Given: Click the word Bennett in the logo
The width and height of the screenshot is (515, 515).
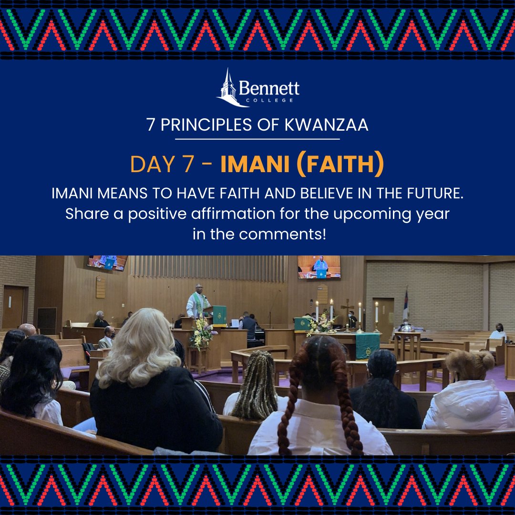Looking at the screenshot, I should [x=269, y=88].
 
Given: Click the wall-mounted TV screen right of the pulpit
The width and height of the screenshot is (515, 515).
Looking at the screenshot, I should [x=319, y=267].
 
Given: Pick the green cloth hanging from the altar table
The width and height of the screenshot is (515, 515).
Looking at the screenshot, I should [x=367, y=345].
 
